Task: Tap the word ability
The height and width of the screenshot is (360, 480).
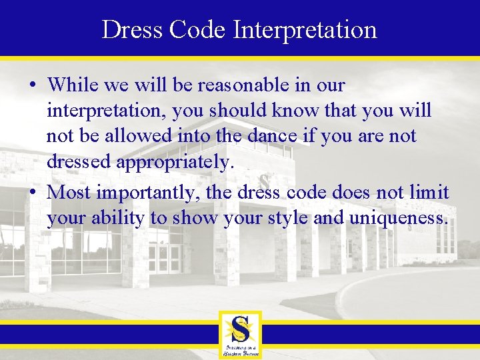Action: [x=111, y=218]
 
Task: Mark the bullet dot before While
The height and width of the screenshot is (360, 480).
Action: [x=33, y=86]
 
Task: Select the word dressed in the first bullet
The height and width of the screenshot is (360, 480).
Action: [x=81, y=161]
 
